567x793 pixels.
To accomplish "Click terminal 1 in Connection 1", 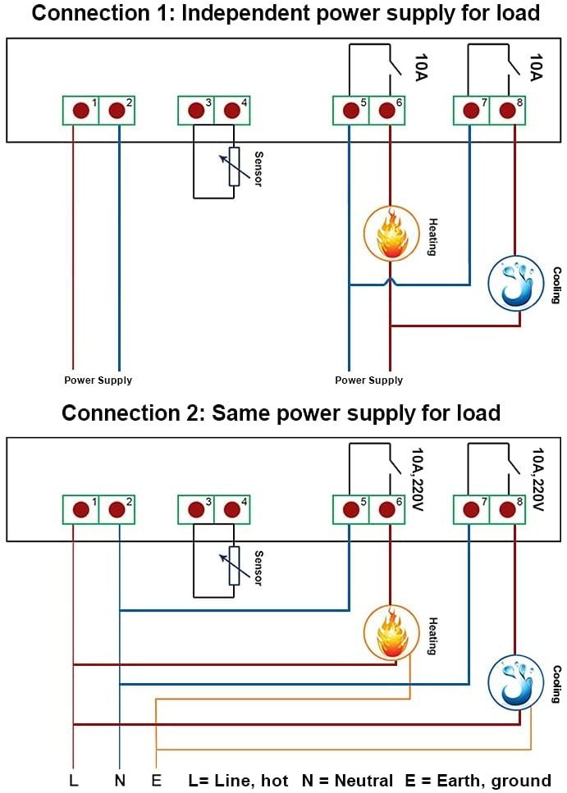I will (x=80, y=111).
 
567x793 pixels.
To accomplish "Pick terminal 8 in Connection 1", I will (x=507, y=111).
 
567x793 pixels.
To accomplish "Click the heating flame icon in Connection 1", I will (x=391, y=233).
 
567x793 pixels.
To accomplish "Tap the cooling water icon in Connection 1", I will (x=516, y=283).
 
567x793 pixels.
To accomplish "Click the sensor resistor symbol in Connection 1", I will (x=234, y=166).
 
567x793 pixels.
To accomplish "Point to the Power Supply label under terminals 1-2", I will (x=98, y=381).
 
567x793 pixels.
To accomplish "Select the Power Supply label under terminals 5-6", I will (x=368, y=381).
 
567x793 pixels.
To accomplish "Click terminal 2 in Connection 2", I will (x=117, y=509).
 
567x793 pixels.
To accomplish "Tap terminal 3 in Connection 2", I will (x=195, y=509).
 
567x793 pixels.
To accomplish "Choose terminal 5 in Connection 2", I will (x=350, y=509).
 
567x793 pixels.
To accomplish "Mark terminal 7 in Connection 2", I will (x=471, y=509).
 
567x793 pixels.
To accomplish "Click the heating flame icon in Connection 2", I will (x=391, y=632).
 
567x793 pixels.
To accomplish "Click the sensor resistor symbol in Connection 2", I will (x=234, y=566).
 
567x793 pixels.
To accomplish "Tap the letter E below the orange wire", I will (x=156, y=781).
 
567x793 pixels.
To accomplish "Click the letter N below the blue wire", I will (x=120, y=781).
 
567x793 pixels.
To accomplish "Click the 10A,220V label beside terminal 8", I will (x=538, y=479).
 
